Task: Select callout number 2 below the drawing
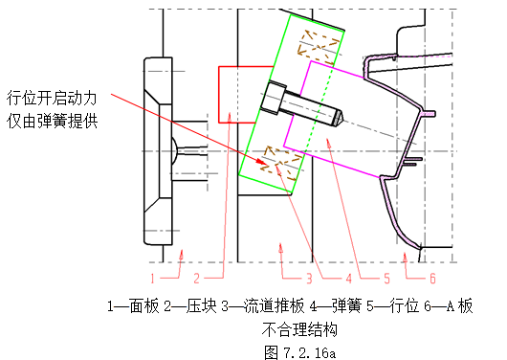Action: tap(195, 279)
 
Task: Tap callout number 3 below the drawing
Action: tap(309, 279)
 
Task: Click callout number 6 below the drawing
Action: tap(432, 279)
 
